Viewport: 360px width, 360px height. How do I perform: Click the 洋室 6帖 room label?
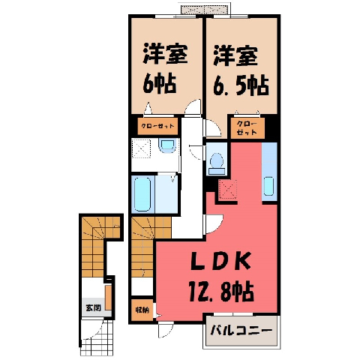coord(165,68)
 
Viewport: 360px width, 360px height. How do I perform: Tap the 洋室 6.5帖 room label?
coord(241,70)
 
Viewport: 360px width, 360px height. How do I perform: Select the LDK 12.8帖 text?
coord(221,277)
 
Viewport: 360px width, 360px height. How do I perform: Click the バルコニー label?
coord(241,331)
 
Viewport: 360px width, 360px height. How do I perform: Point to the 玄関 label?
coord(93,307)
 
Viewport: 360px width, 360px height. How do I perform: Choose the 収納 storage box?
coord(142,310)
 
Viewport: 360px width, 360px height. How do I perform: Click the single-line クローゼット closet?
coord(157,126)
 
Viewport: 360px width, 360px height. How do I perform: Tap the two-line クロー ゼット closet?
coord(247,128)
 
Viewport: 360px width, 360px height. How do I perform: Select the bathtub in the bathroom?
coord(142,194)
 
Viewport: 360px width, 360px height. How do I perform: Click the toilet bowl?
coord(217,160)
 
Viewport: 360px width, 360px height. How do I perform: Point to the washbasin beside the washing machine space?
coord(167,145)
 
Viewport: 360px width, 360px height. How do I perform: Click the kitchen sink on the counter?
coord(268,186)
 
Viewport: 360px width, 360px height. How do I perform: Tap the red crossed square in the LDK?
coord(228,189)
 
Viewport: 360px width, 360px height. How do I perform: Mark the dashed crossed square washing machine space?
coord(141,148)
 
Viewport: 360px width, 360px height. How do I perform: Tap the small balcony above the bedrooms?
coord(205,10)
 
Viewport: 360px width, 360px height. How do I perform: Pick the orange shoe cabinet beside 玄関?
coord(108,298)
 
